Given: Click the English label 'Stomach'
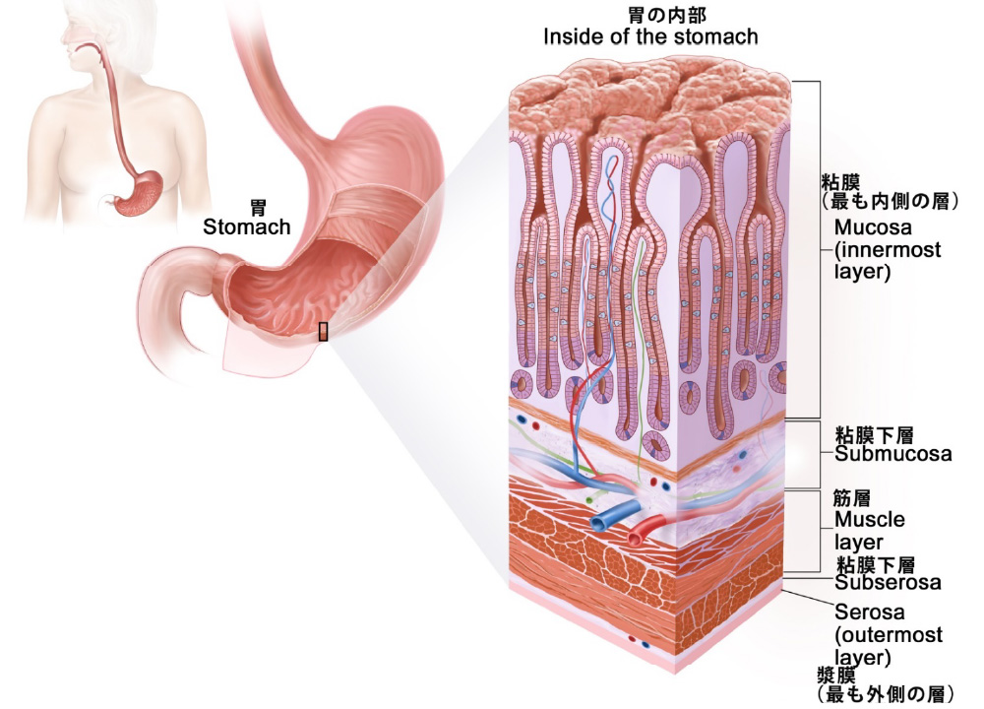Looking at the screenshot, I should [x=246, y=227].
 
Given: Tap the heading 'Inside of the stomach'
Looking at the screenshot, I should [x=650, y=37].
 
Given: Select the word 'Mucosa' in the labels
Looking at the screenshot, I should [x=870, y=228].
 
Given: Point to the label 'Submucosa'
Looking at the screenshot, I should [x=892, y=454].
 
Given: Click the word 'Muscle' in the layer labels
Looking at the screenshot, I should [x=869, y=520].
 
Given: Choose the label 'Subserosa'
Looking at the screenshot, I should [x=888, y=582].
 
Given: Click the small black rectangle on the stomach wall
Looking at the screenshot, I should [x=323, y=331].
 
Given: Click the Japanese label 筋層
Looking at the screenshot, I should [x=852, y=499].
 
